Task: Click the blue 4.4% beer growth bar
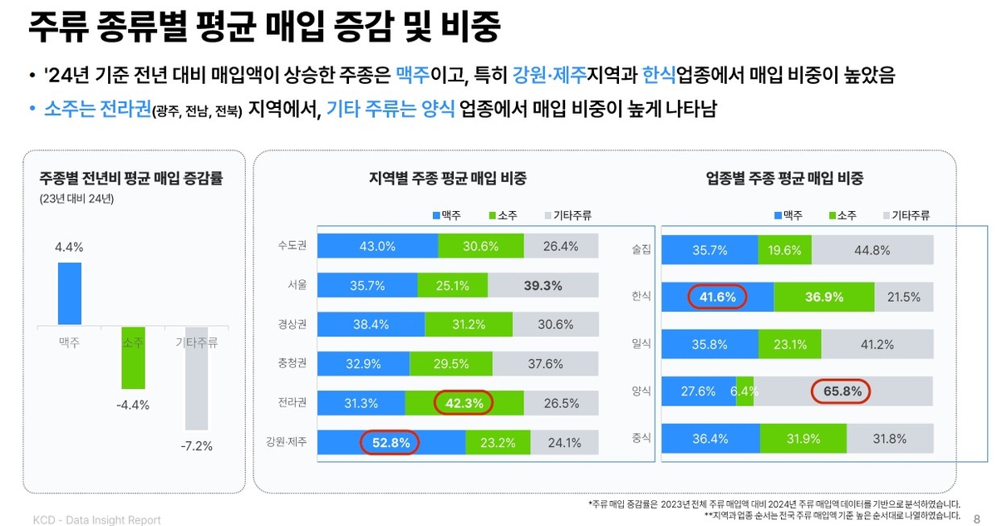[x=70, y=293]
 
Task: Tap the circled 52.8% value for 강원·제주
[x=389, y=443]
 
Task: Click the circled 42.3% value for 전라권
[x=464, y=403]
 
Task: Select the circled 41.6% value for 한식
[x=717, y=297]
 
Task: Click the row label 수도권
[x=292, y=246]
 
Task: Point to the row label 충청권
[x=292, y=363]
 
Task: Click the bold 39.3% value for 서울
[x=543, y=286]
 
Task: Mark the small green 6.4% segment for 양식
[x=744, y=391]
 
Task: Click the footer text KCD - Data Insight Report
[x=97, y=520]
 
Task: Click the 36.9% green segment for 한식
[x=823, y=297]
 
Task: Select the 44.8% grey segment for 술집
[x=872, y=249]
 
